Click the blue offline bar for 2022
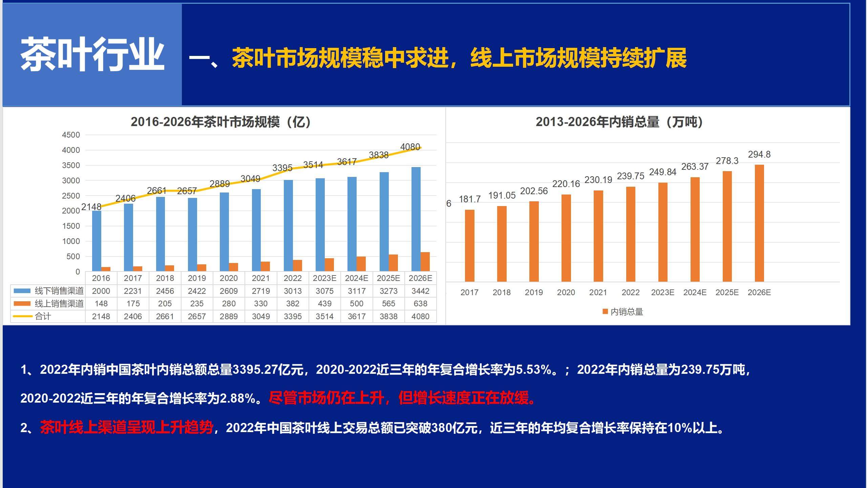[x=288, y=225]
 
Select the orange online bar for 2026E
[x=425, y=262]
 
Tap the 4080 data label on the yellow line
[x=410, y=147]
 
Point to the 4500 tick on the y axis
[x=71, y=135]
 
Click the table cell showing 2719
[x=261, y=291]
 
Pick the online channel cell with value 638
[x=420, y=304]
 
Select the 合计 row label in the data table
[x=43, y=317]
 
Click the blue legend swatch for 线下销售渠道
[x=22, y=291]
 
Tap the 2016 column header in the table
[x=101, y=278]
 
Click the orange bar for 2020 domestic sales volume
[x=566, y=238]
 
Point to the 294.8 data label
[x=759, y=155]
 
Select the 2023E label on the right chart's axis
[x=662, y=292]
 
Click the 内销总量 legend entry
[x=623, y=312]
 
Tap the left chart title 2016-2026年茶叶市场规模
[x=221, y=122]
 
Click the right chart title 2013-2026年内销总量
[x=619, y=122]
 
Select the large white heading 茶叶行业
[x=92, y=54]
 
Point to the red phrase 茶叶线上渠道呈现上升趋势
[x=126, y=428]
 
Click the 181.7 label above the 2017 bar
[x=469, y=199]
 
